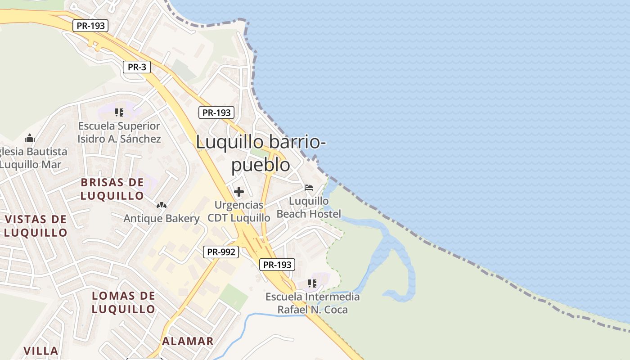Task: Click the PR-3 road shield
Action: click(137, 67)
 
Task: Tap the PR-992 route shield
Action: click(220, 252)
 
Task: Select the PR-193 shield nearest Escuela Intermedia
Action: click(277, 265)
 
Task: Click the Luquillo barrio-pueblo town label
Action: click(261, 153)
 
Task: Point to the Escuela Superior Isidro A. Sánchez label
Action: click(119, 132)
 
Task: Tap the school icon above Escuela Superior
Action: click(119, 112)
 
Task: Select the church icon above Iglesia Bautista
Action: click(30, 138)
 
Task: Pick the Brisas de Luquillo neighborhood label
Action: click(112, 189)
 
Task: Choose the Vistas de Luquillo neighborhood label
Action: click(36, 226)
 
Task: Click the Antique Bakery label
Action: click(162, 219)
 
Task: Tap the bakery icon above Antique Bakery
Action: click(162, 205)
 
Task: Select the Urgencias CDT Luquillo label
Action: click(239, 211)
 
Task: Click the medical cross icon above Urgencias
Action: click(239, 192)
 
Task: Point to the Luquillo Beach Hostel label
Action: click(309, 207)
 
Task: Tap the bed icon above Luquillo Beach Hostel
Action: click(309, 188)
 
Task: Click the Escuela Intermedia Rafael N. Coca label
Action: click(312, 303)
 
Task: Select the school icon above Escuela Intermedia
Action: click(312, 283)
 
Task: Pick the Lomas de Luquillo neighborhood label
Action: click(123, 302)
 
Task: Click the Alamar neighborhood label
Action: click(188, 341)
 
